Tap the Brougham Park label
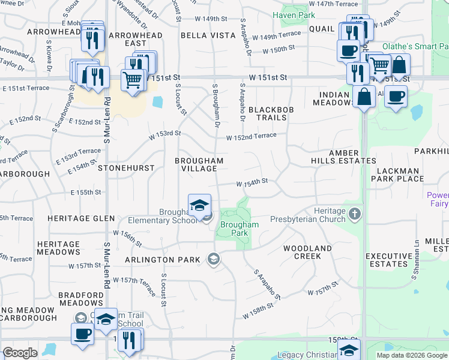(x=239, y=229)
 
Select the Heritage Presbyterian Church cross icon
(x=355, y=214)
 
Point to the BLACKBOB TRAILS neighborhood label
(x=267, y=113)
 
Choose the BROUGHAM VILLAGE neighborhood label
(x=199, y=164)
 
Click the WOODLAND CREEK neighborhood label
(x=307, y=252)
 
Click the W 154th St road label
(x=252, y=181)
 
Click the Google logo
(x=20, y=353)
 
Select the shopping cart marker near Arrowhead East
(x=132, y=79)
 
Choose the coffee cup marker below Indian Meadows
(x=396, y=97)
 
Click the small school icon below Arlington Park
(x=212, y=259)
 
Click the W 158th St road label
(x=258, y=314)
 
